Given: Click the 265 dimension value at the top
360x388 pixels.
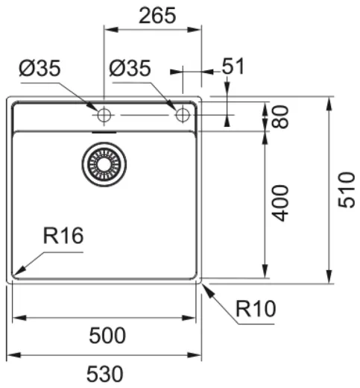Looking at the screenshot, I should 157,15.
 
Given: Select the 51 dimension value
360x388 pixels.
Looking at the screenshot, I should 233,66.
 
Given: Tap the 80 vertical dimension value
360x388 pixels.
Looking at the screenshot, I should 280,116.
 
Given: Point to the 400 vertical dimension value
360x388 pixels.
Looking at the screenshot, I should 280,203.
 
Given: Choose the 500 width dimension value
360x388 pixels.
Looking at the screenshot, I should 107,335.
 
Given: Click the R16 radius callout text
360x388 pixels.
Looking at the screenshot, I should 63,237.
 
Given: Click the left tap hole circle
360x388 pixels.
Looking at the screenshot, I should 103,115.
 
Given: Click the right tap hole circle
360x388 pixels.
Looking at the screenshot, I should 181,115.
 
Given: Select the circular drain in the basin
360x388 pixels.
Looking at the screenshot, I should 104,164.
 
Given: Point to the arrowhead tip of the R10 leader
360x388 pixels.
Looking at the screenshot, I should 202,284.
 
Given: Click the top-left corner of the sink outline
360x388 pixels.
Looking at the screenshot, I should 9,97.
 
